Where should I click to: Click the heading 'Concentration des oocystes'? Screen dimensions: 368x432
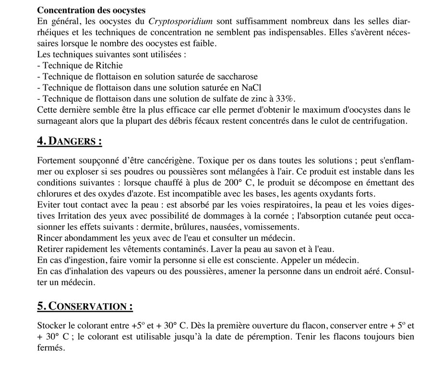[91, 10]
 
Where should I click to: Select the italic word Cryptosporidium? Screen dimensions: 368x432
[180, 21]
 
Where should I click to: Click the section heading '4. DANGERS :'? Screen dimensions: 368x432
[70, 142]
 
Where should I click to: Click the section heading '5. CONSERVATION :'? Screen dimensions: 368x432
[85, 306]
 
